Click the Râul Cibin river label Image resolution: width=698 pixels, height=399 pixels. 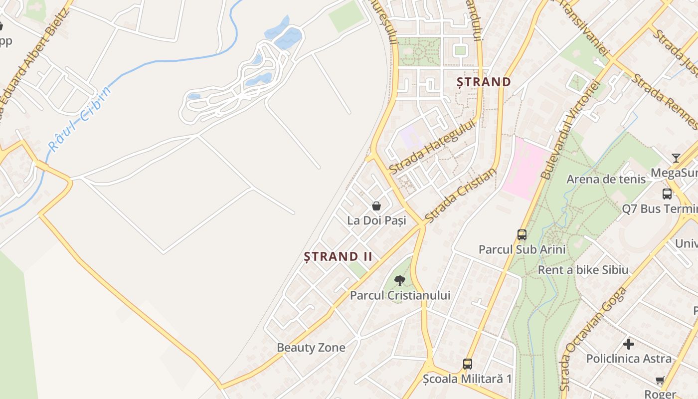[x=80, y=119]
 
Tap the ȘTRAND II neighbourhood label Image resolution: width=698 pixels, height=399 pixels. [x=339, y=257]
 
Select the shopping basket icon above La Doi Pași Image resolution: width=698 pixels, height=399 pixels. [x=376, y=206]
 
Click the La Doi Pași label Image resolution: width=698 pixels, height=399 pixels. [x=376, y=220]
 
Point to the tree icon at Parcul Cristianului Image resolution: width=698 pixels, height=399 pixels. [x=399, y=280]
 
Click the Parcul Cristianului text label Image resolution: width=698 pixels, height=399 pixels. [x=400, y=295]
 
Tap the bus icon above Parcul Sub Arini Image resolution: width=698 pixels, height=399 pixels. [x=522, y=234]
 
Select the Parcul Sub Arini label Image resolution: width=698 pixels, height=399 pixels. [x=522, y=249]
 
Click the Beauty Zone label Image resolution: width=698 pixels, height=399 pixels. [x=311, y=348]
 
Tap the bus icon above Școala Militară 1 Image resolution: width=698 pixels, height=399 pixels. [x=467, y=364]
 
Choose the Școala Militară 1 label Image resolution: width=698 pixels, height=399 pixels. [x=467, y=379]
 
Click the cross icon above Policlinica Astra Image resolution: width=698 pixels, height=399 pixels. [x=629, y=344]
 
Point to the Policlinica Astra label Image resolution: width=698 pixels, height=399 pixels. [x=629, y=359]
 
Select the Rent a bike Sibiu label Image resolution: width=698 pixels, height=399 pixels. [x=583, y=270]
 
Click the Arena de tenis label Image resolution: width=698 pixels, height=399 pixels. [x=606, y=179]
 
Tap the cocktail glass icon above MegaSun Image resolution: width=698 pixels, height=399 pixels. [x=676, y=158]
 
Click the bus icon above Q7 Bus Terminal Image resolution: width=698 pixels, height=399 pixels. [x=667, y=194]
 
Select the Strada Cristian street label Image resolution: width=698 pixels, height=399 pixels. [x=461, y=195]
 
